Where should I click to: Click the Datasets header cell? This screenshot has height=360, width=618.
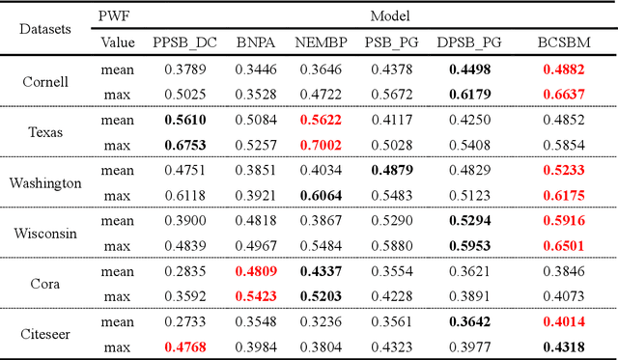click(x=45, y=29)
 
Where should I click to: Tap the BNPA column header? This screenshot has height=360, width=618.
click(x=257, y=42)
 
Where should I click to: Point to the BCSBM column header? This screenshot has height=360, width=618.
click(x=564, y=42)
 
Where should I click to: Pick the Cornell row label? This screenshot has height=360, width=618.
click(x=45, y=82)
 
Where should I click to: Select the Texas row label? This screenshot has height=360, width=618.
click(x=45, y=132)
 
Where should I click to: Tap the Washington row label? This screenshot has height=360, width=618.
click(x=45, y=182)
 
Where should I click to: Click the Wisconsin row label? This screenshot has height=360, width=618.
click(x=45, y=233)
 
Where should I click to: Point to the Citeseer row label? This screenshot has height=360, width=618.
click(x=45, y=334)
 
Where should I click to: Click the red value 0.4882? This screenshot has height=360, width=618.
click(x=564, y=69)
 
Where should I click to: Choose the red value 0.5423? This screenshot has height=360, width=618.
click(x=257, y=296)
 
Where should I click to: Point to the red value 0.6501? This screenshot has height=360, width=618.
click(x=564, y=246)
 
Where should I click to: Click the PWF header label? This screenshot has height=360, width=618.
click(x=118, y=16)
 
